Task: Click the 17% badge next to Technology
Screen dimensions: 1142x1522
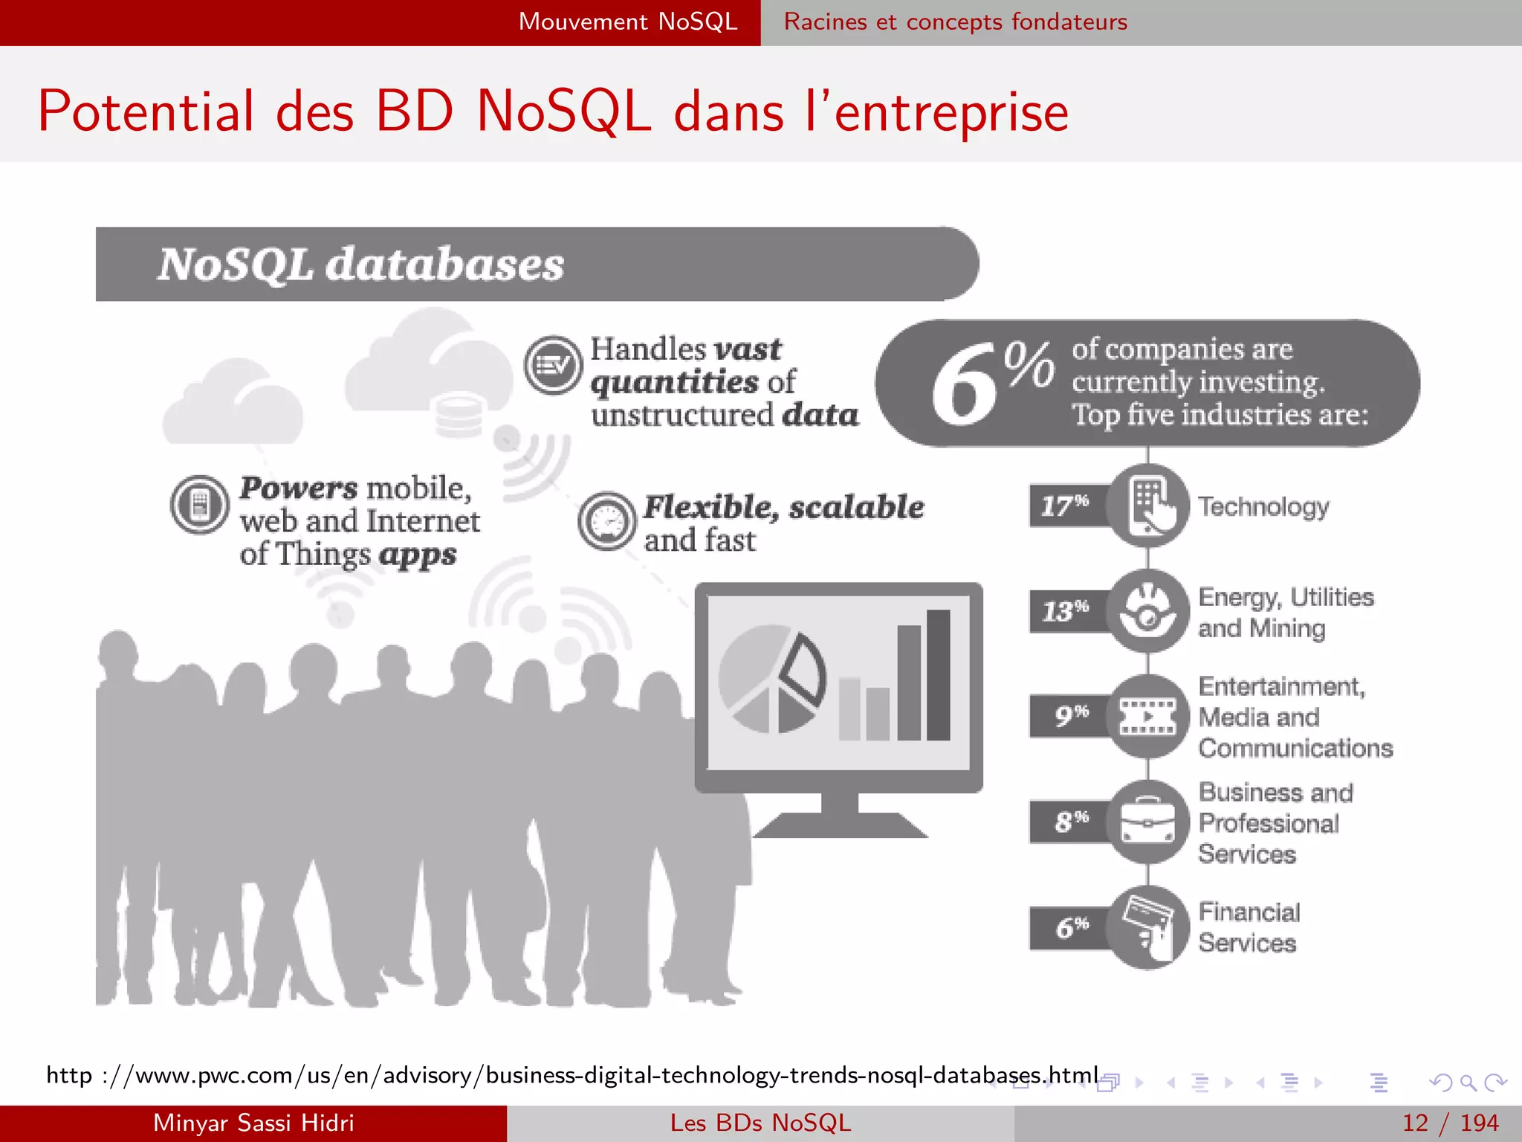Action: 1066,506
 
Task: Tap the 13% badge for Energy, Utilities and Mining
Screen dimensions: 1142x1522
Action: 1066,611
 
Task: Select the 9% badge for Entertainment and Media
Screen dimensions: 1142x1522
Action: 1070,716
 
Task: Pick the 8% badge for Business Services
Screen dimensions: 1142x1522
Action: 1070,822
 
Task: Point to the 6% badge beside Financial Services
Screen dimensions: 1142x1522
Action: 1070,927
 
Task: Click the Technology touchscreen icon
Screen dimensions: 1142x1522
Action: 1148,506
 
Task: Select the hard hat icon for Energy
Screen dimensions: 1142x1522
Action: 1148,611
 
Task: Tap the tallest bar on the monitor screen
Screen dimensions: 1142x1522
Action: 938,675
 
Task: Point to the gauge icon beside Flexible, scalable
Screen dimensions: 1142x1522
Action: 607,520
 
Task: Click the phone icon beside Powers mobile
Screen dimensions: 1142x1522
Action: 200,505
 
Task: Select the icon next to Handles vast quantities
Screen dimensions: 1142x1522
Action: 553,365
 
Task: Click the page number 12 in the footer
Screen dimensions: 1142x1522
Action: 1415,1123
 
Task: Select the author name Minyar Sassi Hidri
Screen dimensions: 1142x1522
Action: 253,1123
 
